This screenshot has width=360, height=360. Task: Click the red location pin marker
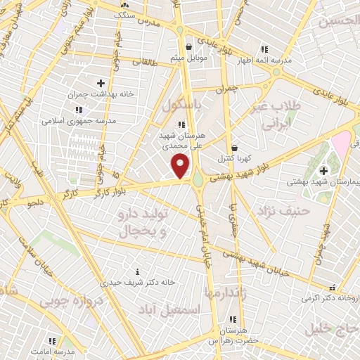(x=181, y=166)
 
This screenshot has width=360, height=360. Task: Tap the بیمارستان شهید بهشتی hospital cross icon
(x=324, y=171)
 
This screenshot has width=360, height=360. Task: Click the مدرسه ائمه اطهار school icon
(x=265, y=50)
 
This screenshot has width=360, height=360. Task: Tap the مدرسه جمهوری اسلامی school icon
(x=79, y=110)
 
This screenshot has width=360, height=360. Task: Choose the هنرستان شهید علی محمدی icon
(x=181, y=124)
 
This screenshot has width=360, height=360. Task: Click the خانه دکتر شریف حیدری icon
(x=137, y=271)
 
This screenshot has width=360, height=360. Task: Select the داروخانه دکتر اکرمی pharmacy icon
(x=332, y=288)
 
